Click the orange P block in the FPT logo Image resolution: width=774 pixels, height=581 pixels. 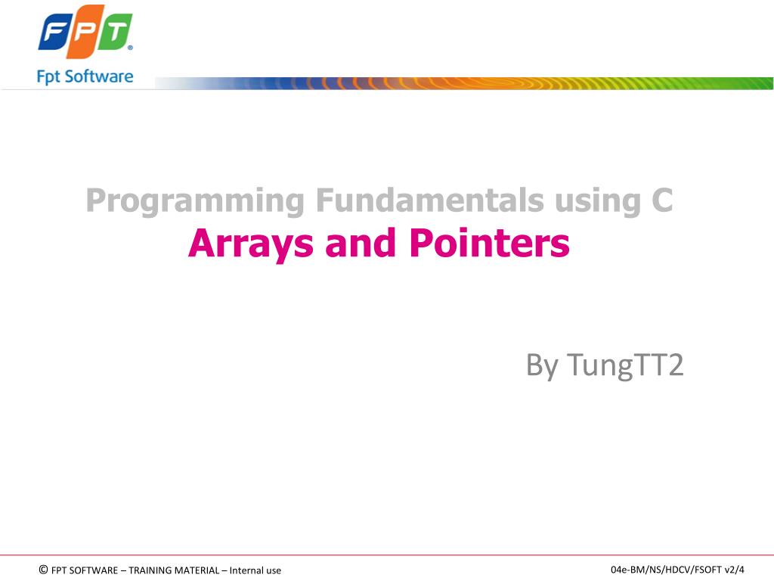85,35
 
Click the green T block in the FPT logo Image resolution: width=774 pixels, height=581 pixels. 116,35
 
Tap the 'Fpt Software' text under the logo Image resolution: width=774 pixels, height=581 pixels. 85,76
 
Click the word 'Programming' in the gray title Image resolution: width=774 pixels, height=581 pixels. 195,201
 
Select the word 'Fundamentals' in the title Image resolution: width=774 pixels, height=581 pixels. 428,200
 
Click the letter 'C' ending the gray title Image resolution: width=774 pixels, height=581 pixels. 660,200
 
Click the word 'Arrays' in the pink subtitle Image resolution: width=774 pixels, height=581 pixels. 253,244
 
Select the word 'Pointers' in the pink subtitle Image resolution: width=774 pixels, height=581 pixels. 489,243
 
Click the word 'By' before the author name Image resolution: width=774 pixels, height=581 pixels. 542,366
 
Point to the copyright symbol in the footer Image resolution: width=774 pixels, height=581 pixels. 43,570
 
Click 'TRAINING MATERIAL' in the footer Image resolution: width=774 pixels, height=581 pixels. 175,570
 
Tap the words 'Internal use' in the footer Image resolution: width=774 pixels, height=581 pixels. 255,570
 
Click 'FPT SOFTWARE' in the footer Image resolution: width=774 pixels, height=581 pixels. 84,570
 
